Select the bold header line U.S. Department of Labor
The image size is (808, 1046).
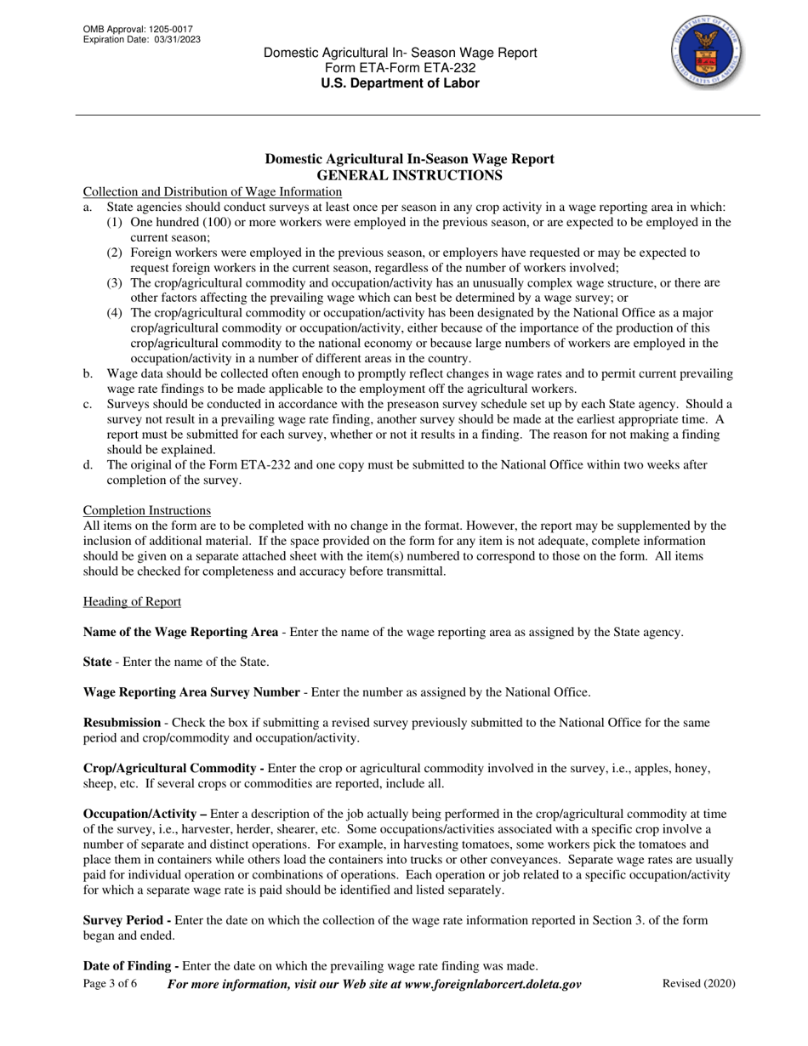point(400,83)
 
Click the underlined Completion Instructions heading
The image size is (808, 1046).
point(146,510)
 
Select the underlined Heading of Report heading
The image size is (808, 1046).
point(132,602)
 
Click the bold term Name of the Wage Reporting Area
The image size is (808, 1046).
point(180,632)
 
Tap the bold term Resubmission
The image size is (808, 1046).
point(122,723)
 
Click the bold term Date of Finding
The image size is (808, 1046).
point(130,966)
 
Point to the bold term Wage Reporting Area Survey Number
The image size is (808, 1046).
point(191,692)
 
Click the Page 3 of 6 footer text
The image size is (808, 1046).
point(110,984)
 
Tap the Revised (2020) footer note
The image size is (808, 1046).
point(698,984)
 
